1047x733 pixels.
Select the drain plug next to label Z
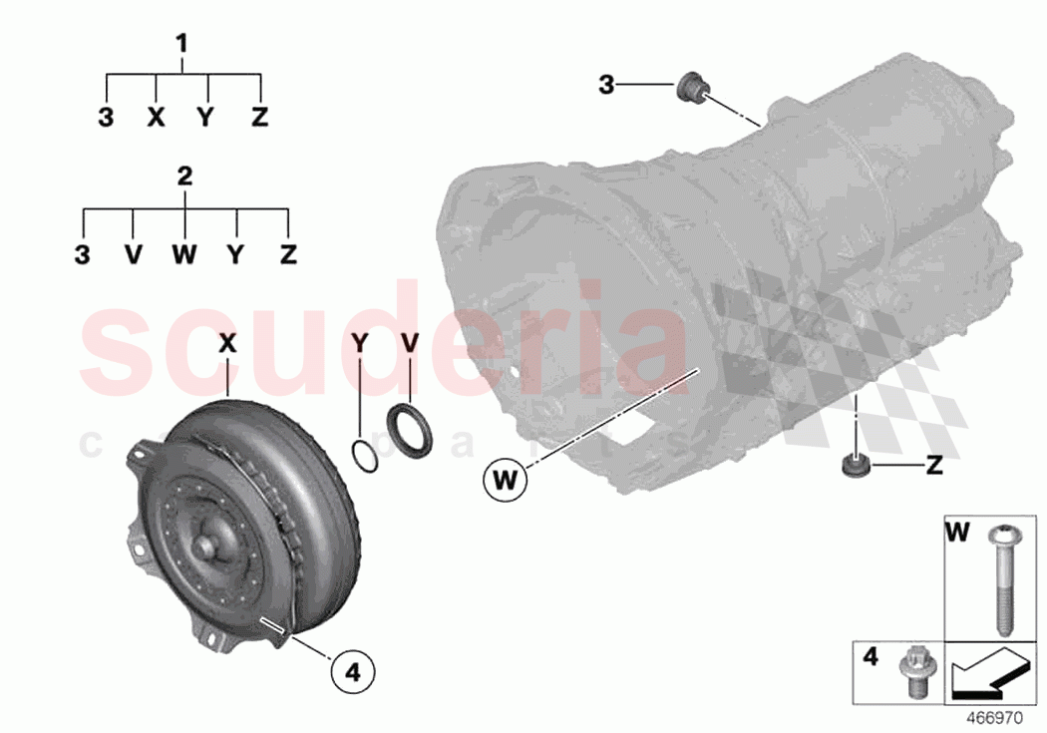[854, 466]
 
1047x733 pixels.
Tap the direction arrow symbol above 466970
[988, 673]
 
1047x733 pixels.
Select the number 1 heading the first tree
[181, 44]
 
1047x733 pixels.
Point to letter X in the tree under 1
[155, 118]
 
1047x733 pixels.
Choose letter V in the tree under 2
[133, 255]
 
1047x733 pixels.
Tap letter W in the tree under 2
[183, 255]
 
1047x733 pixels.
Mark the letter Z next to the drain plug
[934, 465]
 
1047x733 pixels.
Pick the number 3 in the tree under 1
[106, 118]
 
